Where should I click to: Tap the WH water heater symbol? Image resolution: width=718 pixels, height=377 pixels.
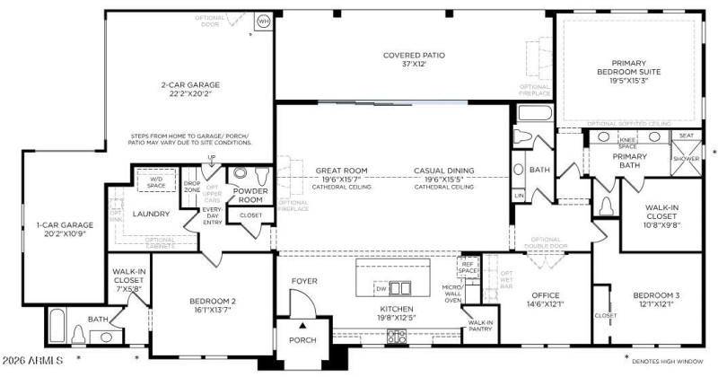[264, 20]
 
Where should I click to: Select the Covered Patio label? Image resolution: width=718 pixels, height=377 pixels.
[408, 56]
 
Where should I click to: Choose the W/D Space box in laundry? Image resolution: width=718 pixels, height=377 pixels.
[156, 182]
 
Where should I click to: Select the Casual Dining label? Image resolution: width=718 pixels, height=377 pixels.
[443, 170]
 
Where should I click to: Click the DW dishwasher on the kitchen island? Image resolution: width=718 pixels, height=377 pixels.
[380, 288]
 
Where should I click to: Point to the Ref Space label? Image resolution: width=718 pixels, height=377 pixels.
[468, 267]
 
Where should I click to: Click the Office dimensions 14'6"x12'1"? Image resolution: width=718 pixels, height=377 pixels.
[546, 303]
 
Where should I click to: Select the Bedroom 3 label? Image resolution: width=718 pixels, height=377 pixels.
[657, 295]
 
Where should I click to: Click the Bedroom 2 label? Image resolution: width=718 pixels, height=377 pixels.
[212, 301]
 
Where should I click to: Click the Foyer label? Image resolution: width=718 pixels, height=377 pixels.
[305, 281]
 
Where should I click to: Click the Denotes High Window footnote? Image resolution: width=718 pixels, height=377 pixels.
[668, 362]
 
